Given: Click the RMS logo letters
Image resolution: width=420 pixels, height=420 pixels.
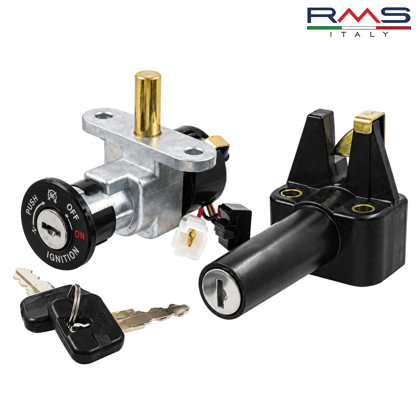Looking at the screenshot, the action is point(359,16).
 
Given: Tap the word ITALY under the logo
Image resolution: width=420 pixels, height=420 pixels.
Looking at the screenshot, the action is point(359,34).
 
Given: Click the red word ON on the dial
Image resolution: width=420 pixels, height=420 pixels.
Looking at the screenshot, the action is point(79,235).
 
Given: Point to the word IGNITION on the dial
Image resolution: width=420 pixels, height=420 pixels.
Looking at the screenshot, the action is point(63,255).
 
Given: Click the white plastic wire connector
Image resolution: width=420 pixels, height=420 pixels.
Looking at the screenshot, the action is point(189,239).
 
